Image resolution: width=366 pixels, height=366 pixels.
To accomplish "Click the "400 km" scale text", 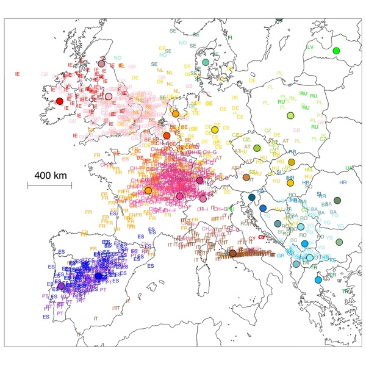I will tap(50, 176).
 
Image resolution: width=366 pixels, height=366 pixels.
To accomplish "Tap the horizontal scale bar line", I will tap(50, 184).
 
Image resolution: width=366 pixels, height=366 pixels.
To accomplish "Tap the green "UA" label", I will tap(350, 168).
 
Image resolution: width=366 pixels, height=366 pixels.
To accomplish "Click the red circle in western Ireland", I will tap(59, 101).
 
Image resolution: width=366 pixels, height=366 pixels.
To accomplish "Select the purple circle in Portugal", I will tap(60, 285).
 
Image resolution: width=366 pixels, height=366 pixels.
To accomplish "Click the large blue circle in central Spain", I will tap(98, 276).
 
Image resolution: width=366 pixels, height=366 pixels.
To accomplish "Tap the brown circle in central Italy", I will tap(232, 253).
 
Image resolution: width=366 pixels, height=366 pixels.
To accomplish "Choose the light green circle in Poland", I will tap(290, 115).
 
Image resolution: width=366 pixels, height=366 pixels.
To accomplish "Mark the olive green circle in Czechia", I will tap(257, 148).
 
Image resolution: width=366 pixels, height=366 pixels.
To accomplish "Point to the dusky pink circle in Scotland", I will tap(101, 64).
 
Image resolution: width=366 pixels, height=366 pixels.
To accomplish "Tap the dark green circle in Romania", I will tap(337, 200).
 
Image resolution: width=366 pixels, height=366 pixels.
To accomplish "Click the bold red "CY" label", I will tap(262, 237).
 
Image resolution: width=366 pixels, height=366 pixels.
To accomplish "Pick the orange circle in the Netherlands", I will tap(176, 113).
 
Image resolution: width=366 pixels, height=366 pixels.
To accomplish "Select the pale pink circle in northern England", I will tap(109, 96).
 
